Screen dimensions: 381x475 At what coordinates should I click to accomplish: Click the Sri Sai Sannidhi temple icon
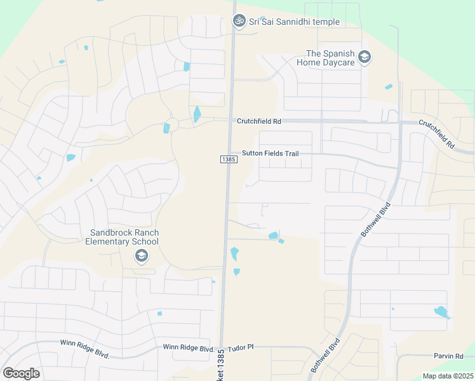(x=239, y=21)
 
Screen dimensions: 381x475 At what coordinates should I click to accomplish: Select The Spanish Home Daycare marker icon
(x=365, y=58)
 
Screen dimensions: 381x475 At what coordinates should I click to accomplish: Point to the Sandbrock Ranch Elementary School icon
(x=141, y=256)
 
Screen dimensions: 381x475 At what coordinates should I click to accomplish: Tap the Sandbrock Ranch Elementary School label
(x=124, y=237)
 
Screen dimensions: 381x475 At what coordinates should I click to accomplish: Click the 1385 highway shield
(x=229, y=159)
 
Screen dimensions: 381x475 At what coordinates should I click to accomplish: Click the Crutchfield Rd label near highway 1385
(x=258, y=121)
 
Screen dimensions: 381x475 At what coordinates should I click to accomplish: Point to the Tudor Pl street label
(x=241, y=347)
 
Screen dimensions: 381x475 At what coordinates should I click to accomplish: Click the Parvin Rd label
(x=450, y=356)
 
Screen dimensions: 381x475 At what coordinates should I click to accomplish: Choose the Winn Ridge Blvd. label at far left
(x=85, y=347)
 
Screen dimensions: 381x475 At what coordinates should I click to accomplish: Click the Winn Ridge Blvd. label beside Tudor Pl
(x=189, y=347)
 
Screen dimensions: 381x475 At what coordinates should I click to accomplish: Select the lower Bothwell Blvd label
(x=325, y=356)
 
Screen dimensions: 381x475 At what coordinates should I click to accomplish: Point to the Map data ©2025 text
(x=447, y=376)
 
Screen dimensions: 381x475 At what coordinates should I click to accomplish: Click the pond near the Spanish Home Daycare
(x=388, y=87)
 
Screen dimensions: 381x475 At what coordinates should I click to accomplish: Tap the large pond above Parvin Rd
(x=439, y=312)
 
